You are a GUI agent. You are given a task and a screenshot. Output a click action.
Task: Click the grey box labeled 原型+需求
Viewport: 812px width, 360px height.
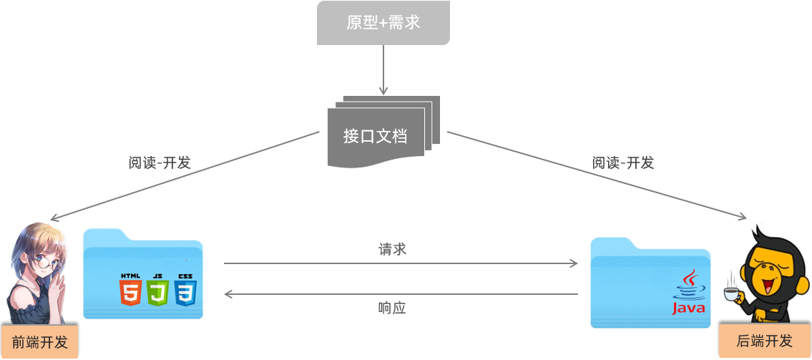(x=383, y=23)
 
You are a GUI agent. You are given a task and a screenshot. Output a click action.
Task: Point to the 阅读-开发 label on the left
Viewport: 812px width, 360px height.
(x=160, y=162)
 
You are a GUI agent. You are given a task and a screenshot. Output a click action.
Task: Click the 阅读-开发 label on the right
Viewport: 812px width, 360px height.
(x=623, y=162)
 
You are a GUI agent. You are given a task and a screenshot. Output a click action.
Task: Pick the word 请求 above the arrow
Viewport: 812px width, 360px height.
(x=393, y=249)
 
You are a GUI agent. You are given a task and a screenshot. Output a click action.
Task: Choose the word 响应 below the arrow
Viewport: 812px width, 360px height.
(x=392, y=308)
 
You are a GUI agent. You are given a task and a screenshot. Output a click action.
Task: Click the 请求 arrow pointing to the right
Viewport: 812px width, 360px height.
(x=401, y=263)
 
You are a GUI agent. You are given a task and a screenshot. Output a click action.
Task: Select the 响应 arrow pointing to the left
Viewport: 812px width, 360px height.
(x=401, y=293)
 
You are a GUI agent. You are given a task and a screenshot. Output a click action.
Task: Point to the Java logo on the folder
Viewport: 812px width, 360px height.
(x=688, y=293)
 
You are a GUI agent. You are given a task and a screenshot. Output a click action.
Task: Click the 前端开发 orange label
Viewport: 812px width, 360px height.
(x=39, y=342)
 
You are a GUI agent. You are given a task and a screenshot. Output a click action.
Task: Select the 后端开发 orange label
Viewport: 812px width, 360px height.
(x=765, y=341)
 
